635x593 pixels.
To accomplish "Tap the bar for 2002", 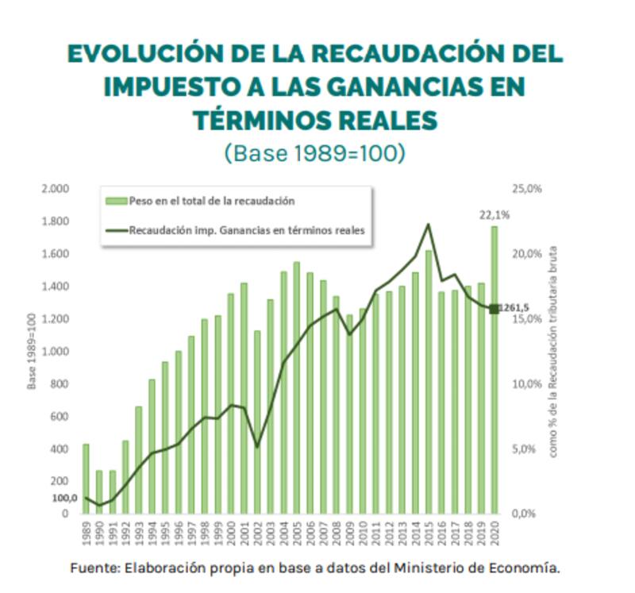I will click(x=256, y=422).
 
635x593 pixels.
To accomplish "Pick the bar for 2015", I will click(x=428, y=382).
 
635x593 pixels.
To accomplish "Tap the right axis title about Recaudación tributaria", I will click(x=553, y=351).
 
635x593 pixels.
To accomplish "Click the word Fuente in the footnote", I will click(x=94, y=568).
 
